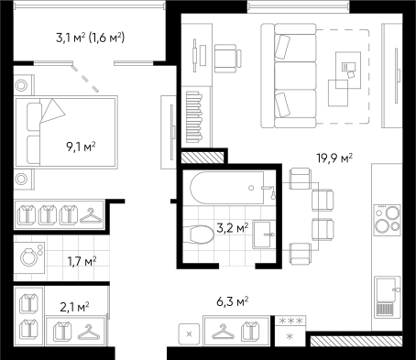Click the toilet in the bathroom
point(199,235)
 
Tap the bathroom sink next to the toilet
point(265,235)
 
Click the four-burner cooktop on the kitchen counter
point(387,218)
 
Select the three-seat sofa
point(289,75)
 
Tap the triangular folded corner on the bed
point(53,111)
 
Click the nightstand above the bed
point(22,85)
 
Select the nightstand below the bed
point(22,179)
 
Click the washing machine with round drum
point(29,256)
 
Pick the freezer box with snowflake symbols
point(290,331)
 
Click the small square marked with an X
point(189,334)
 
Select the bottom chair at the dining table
point(300,253)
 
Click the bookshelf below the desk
point(196,116)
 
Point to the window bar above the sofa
point(298,7)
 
